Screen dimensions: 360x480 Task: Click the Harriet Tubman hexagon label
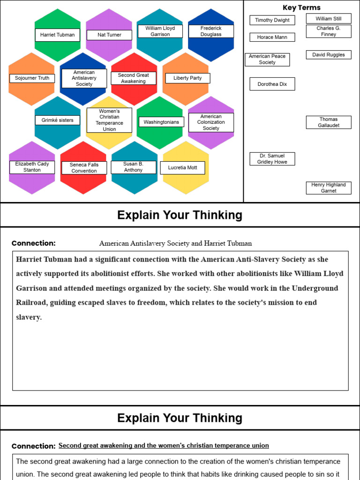[57, 35]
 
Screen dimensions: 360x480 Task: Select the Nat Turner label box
[109, 35]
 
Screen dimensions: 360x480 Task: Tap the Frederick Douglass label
[211, 31]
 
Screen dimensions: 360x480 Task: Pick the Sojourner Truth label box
[32, 78]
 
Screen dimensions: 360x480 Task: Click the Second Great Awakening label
[133, 78]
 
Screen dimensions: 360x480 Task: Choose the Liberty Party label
[187, 78]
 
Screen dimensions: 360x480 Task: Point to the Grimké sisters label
[57, 120]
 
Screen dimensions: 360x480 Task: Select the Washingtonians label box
[161, 122]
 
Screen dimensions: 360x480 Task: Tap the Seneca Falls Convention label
[84, 168]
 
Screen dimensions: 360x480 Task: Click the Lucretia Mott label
[182, 167]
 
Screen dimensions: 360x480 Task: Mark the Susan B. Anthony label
[133, 167]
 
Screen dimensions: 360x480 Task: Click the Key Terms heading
[301, 7]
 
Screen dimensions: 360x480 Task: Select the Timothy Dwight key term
[272, 20]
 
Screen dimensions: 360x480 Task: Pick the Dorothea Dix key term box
[272, 84]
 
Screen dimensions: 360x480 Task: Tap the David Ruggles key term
[328, 55]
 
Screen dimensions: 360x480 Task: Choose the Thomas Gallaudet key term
[328, 122]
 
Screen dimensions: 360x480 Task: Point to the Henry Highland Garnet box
[328, 187]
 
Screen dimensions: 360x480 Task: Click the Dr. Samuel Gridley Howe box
[272, 159]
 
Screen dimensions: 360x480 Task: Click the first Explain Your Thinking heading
[180, 215]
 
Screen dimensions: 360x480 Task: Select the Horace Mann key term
[272, 37]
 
